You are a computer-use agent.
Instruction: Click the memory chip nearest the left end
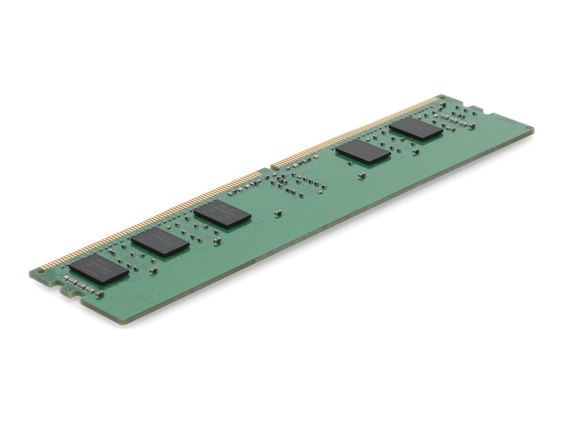[99, 269]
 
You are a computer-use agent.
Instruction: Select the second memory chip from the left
[160, 242]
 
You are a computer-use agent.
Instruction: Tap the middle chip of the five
[222, 214]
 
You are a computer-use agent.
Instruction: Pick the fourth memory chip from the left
[363, 151]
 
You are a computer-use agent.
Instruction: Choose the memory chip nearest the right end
[416, 129]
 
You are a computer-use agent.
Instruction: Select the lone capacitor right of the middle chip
[278, 213]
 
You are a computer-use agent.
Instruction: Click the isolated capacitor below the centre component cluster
[361, 175]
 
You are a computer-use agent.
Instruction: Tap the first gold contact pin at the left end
[43, 266]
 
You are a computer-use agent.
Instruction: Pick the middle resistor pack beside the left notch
[81, 285]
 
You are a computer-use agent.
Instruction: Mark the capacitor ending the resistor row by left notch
[99, 294]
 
